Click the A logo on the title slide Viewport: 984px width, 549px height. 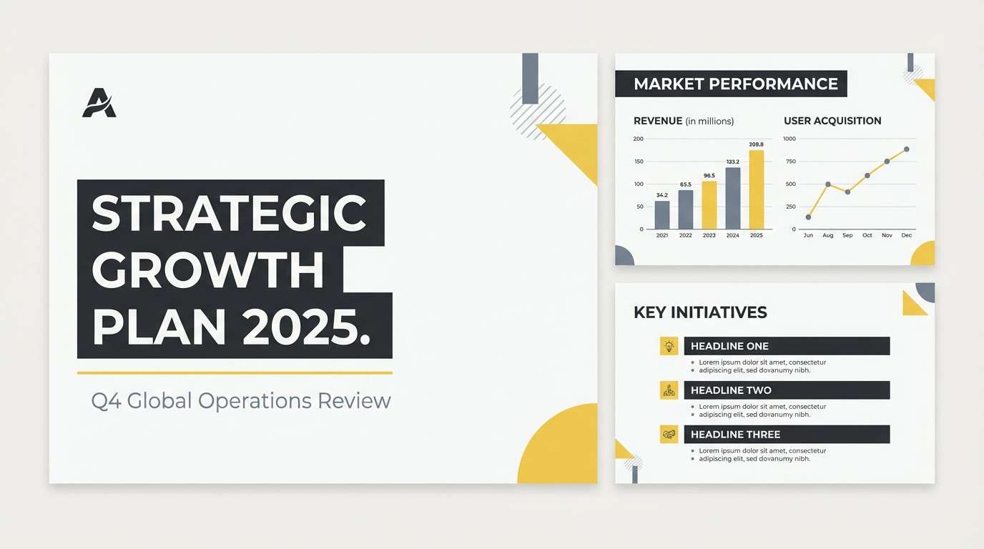99,103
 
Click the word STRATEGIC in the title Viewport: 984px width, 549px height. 229,213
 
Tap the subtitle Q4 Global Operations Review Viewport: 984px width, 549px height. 241,400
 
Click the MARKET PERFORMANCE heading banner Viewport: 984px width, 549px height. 731,84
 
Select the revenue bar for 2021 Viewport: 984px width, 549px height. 662,214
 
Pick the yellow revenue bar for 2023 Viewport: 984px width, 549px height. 709,204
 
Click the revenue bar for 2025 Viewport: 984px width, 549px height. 756,189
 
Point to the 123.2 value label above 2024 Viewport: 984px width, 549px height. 732,162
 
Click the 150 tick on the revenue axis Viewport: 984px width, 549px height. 638,162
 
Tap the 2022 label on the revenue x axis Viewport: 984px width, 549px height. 685,235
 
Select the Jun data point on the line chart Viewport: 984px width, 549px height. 808,217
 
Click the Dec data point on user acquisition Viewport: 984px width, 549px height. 907,149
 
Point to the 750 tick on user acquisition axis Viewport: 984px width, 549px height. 789,162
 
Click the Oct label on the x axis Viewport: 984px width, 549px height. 867,235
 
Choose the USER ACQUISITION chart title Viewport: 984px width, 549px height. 832,121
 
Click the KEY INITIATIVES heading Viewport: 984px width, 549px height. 700,312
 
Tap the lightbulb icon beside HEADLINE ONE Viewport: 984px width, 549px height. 669,346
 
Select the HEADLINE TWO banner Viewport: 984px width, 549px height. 787,390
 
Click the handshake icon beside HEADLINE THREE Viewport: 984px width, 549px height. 669,434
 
